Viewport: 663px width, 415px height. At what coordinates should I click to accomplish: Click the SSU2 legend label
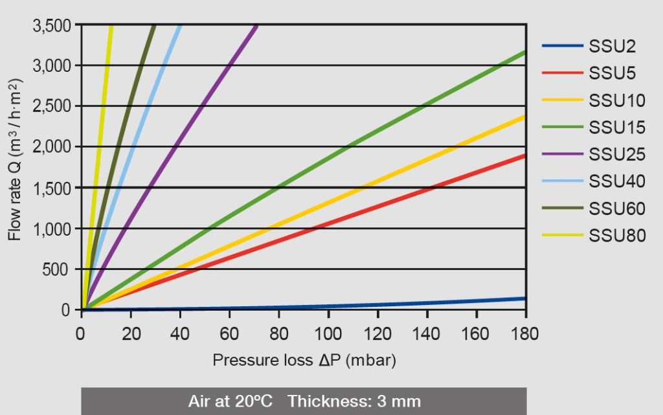(612, 46)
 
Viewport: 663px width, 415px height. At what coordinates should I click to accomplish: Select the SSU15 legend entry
(616, 128)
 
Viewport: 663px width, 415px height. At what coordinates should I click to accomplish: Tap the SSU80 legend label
(616, 236)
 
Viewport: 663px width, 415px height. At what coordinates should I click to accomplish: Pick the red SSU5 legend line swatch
(562, 73)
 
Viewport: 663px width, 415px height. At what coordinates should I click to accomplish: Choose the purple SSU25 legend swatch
(562, 154)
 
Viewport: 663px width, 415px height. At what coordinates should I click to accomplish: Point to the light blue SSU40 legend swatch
(562, 181)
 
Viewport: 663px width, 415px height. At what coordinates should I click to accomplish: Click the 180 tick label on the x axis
(525, 334)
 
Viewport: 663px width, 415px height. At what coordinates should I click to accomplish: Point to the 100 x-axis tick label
(328, 334)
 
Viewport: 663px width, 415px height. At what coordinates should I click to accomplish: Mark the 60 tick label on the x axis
(229, 334)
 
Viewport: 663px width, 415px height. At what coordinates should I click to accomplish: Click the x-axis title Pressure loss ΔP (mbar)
(304, 361)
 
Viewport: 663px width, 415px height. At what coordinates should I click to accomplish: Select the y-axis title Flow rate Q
(15, 159)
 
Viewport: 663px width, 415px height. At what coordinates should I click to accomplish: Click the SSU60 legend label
(616, 208)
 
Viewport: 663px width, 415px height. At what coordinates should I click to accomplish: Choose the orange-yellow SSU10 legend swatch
(562, 100)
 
